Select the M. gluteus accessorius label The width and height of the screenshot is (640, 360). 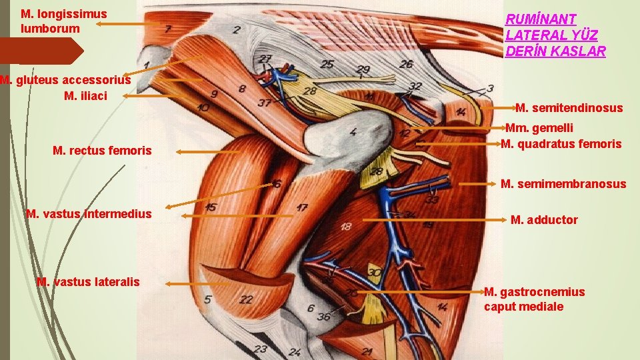tap(65, 80)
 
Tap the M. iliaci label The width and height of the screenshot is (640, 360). tap(85, 96)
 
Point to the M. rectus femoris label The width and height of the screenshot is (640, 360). tap(102, 151)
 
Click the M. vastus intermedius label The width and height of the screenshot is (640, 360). tap(89, 214)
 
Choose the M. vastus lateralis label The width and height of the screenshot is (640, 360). tap(88, 282)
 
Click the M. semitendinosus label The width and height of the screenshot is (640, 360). tap(569, 108)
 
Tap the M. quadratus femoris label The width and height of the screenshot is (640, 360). tap(561, 143)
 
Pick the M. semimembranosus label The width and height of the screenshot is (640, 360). tap(563, 184)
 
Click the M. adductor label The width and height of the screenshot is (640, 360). tap(544, 220)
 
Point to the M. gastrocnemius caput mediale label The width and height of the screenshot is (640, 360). tap(534, 299)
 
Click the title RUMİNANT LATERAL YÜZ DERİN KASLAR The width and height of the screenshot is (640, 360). tap(555, 35)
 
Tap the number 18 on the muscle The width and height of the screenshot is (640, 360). tap(346, 227)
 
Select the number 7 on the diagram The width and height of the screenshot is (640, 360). tap(169, 29)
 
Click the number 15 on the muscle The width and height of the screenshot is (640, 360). tap(210, 208)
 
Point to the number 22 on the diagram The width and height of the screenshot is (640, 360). tap(246, 299)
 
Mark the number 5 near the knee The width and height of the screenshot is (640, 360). tap(208, 300)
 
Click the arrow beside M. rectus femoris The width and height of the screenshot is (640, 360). tap(208, 153)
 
